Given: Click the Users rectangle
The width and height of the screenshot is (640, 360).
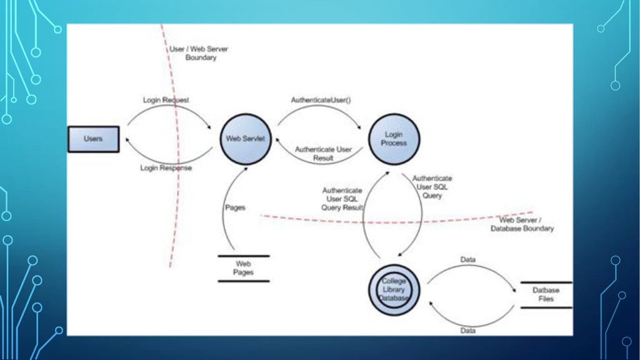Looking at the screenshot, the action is tap(94, 139).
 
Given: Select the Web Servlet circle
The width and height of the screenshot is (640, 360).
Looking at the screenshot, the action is tap(245, 139).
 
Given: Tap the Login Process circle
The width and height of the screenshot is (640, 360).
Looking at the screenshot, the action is tap(394, 139).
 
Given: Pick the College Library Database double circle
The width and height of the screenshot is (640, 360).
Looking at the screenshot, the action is tap(394, 290).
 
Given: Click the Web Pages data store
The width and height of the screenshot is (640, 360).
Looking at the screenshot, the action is tap(244, 269).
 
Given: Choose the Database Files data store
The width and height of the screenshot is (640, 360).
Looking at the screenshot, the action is tap(546, 295).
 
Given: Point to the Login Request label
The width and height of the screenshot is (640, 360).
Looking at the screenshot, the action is tap(166, 100).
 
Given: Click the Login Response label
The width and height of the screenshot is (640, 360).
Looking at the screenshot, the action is tap(166, 167).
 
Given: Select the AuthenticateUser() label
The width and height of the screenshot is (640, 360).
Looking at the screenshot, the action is tap(321, 100).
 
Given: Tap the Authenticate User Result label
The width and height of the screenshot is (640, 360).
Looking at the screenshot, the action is tap(323, 154).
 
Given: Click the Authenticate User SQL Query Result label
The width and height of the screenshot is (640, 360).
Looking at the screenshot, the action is tap(342, 199).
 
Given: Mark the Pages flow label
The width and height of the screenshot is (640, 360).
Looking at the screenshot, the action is tap(235, 207).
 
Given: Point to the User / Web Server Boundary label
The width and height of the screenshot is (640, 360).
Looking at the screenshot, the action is tap(199, 53).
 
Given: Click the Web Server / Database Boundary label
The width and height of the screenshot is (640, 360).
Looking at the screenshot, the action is tap(522, 224).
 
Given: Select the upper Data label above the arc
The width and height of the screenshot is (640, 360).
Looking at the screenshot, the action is tap(467, 259).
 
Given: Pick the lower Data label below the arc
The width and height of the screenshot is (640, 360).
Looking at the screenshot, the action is tap(467, 331).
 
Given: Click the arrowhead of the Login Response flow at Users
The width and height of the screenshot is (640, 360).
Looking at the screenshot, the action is tap(127, 140).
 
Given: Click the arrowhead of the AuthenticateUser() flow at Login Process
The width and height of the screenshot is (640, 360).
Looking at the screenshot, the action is tap(359, 127).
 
